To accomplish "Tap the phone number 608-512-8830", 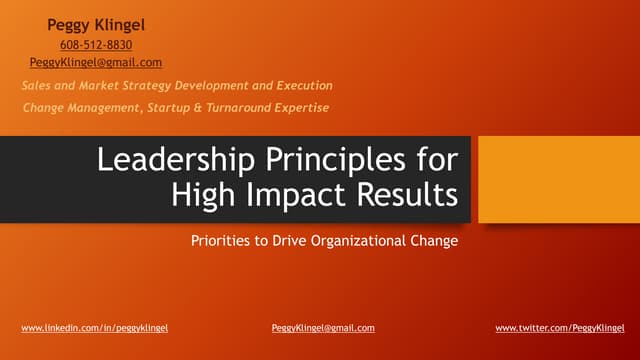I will (x=96, y=45).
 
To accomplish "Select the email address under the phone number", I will (x=96, y=62).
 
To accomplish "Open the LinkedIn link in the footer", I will (x=94, y=328).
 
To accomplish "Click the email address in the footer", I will (x=323, y=328).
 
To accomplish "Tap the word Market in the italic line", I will (x=105, y=85).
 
